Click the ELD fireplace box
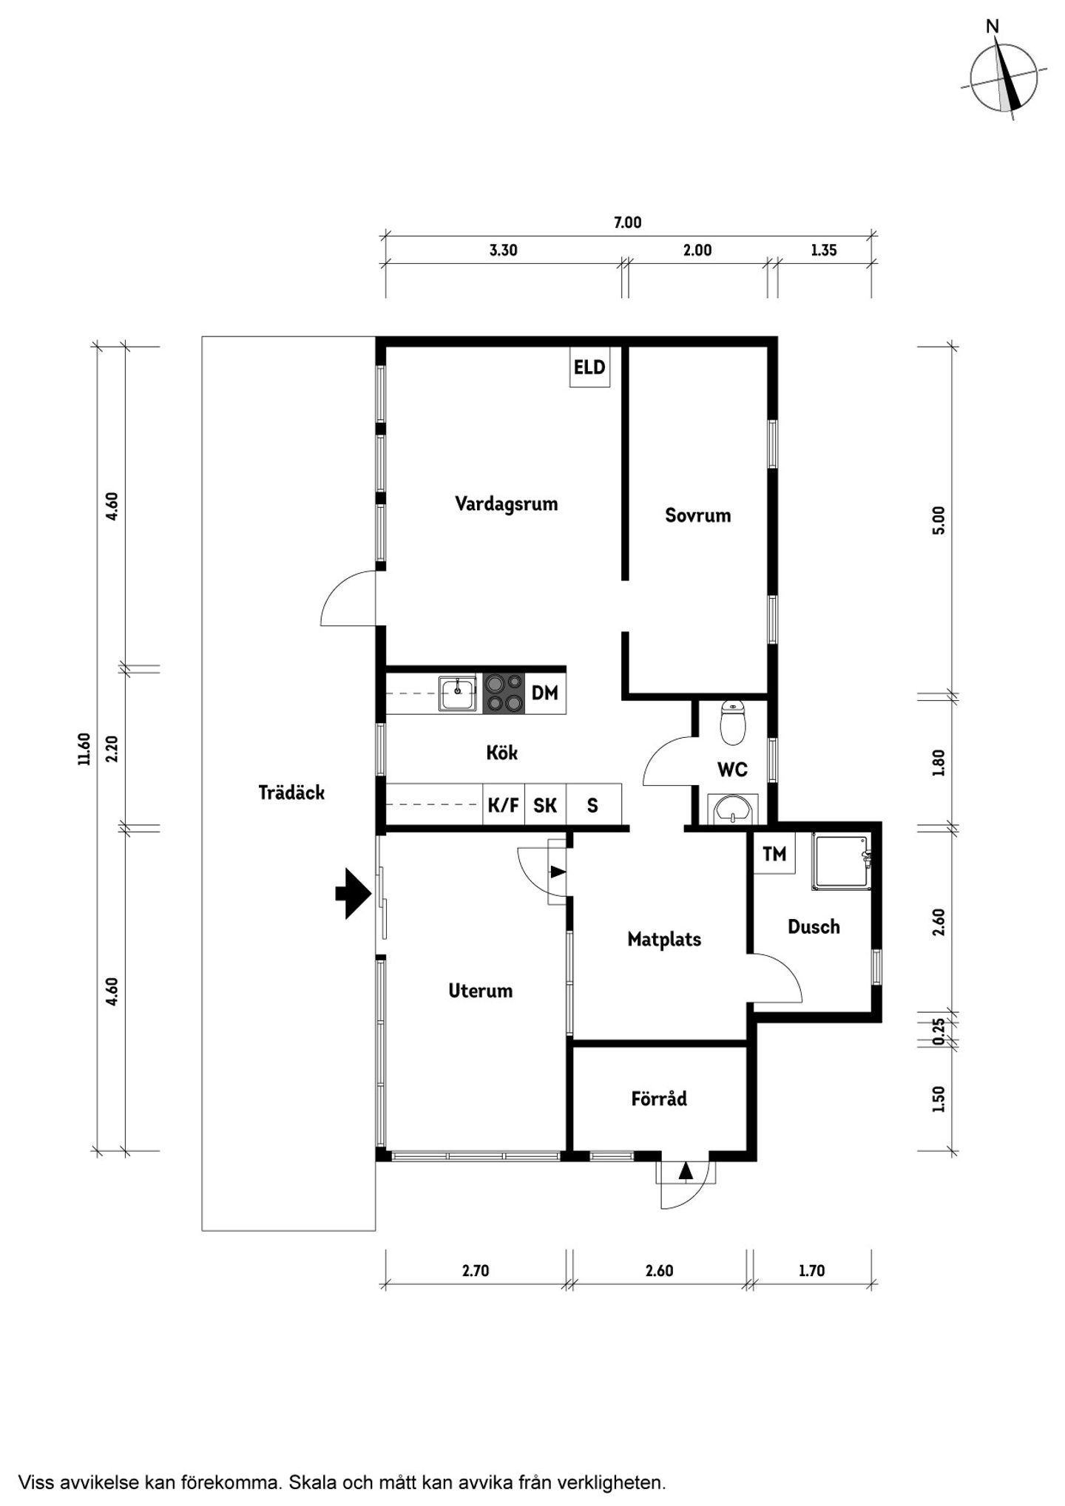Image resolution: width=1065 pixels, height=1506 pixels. [x=589, y=367]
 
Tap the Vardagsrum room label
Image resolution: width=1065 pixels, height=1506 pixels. [x=506, y=504]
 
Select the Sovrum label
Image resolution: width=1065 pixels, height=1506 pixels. [x=697, y=515]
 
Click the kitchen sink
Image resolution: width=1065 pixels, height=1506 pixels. [x=458, y=693]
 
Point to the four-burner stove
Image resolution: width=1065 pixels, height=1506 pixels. [x=504, y=693]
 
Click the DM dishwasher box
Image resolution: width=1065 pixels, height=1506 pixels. [x=545, y=693]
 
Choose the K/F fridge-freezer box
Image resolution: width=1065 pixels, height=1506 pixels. [x=504, y=804]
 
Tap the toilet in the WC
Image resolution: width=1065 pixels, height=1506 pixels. [x=733, y=722]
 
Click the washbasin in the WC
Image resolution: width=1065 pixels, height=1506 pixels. [x=733, y=809]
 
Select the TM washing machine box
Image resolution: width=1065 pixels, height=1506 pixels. [x=774, y=854]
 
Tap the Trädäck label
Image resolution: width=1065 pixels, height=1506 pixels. [x=291, y=793]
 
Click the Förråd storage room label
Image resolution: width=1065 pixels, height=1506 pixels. [x=659, y=1099]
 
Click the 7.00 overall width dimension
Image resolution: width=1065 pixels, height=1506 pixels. [x=627, y=223]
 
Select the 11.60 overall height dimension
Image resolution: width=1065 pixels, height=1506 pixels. [x=84, y=749]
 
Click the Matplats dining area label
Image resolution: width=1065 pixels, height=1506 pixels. [x=664, y=939]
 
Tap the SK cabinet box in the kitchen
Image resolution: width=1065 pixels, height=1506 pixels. [x=545, y=804]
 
